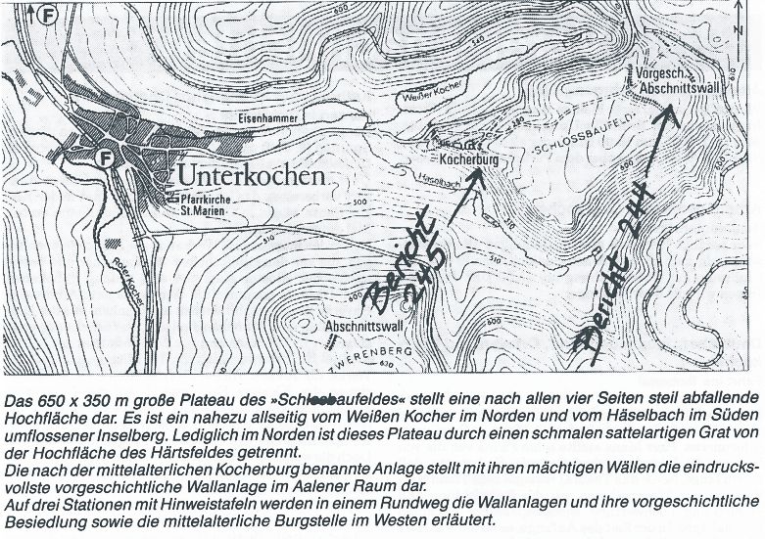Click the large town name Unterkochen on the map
[250, 176]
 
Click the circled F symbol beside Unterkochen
[106, 156]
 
